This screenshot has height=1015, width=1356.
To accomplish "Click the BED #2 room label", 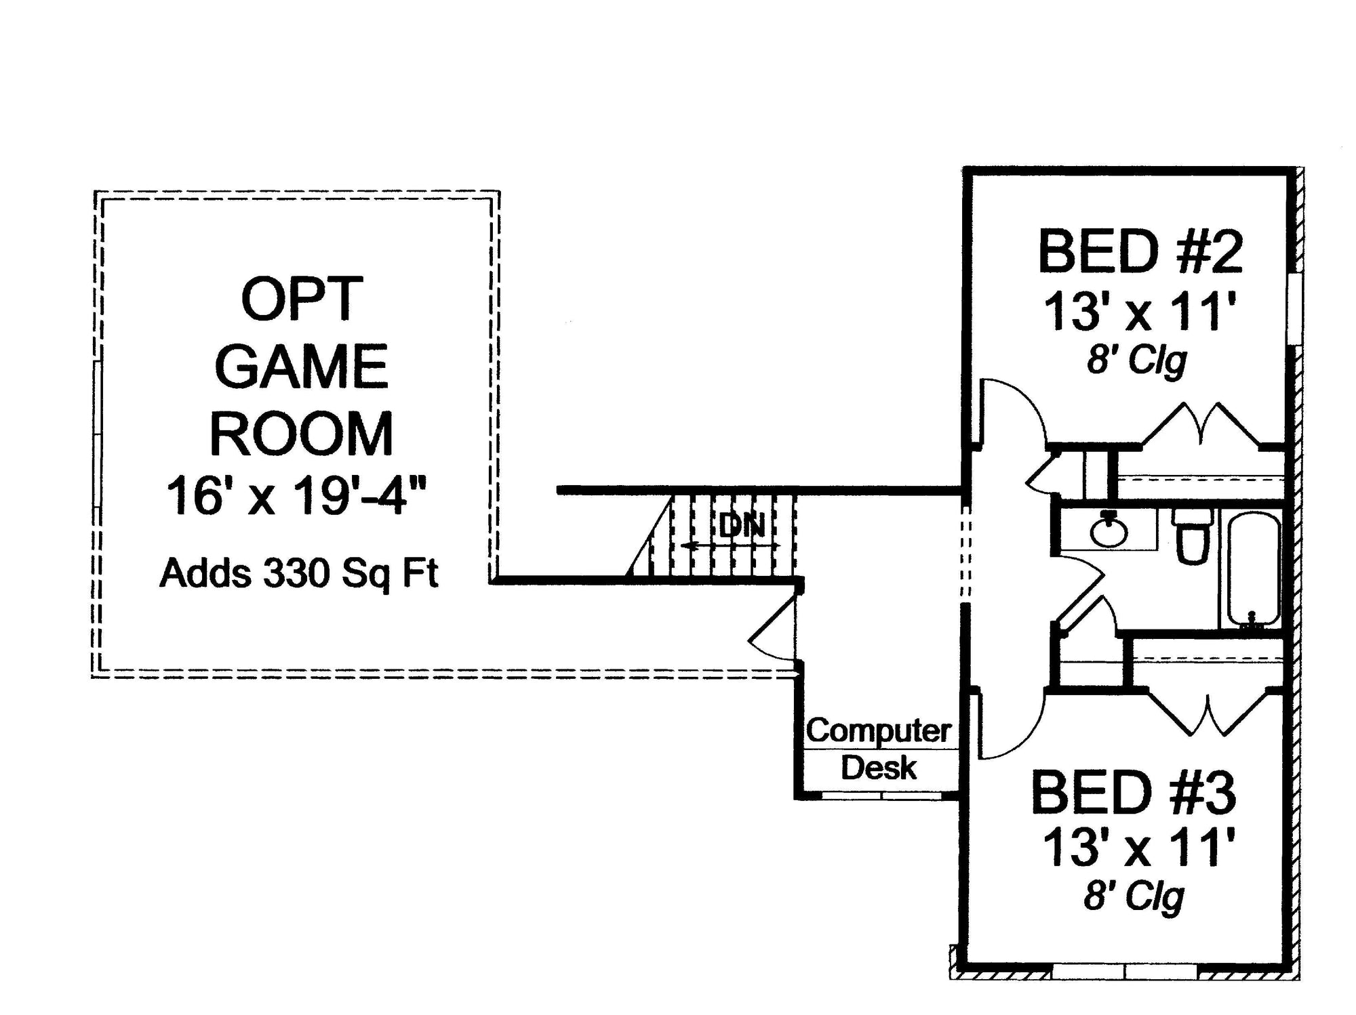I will pos(1140,252).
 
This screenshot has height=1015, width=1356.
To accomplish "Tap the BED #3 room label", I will pos(1133,793).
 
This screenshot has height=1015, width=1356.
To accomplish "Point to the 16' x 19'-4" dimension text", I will pos(296,496).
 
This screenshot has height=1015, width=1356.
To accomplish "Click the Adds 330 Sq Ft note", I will pos(298,573).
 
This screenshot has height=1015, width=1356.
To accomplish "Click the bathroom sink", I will pos(1109,531).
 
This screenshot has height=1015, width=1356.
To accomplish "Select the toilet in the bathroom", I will pos(1193,535).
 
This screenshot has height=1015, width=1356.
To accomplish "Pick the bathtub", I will pos(1253,569).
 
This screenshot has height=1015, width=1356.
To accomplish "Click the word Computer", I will pos(879,730).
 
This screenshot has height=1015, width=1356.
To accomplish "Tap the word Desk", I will pos(879,768).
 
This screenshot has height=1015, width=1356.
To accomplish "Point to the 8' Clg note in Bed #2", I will pos(1136,360).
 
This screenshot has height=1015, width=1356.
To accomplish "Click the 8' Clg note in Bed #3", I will pos(1134,897).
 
